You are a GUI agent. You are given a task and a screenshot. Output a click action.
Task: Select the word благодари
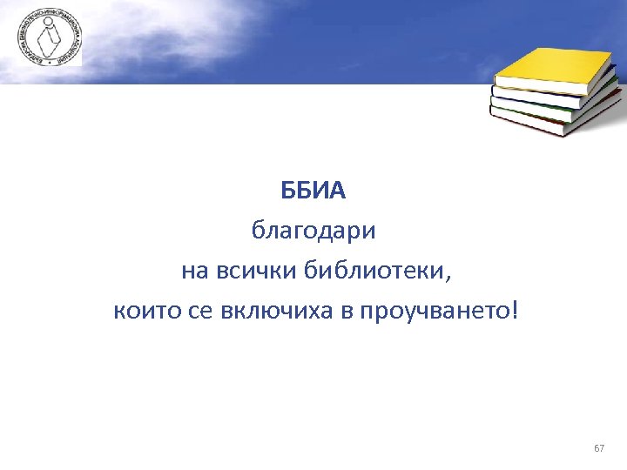313,232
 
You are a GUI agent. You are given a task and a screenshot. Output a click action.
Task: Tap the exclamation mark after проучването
513,311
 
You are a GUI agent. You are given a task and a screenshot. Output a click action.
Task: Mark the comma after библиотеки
450,277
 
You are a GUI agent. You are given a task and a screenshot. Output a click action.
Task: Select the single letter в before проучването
346,311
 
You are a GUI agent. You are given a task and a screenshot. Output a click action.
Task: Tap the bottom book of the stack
557,122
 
